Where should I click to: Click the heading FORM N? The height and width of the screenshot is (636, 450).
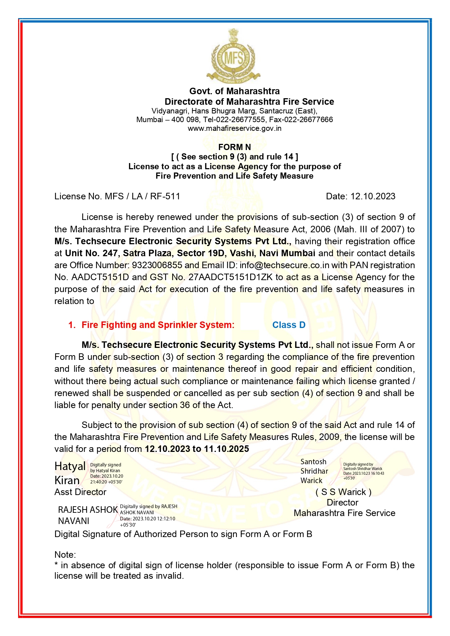[x=234, y=147]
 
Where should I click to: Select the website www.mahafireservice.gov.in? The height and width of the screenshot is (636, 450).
[x=234, y=128]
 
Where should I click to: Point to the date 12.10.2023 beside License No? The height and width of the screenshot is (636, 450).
[x=373, y=196]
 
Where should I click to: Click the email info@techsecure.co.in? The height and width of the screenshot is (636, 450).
[x=284, y=265]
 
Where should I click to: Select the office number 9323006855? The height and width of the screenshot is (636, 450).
[x=157, y=265]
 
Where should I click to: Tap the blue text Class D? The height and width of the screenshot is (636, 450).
[x=289, y=325]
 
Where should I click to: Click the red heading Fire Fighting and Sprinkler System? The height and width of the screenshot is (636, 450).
[x=158, y=325]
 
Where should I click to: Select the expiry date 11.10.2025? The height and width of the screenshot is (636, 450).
[x=226, y=449]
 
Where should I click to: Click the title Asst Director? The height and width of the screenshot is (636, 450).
[x=80, y=492]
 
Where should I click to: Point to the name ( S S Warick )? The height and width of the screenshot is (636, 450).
[x=343, y=492]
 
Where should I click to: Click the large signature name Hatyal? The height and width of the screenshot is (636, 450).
[x=70, y=466]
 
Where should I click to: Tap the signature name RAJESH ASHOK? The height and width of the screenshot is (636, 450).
[x=88, y=510]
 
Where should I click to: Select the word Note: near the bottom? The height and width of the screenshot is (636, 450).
[x=65, y=555]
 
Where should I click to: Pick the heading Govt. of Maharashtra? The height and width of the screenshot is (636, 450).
[x=234, y=91]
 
